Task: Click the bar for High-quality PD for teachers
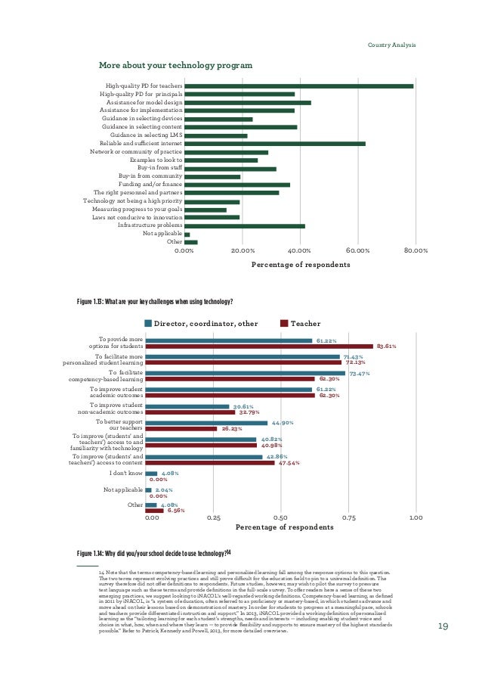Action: pyautogui.click(x=298, y=86)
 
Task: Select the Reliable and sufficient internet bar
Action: pyautogui.click(x=274, y=143)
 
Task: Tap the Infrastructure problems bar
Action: pyautogui.click(x=244, y=226)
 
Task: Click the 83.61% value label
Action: pyautogui.click(x=386, y=346)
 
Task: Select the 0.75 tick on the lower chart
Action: pyautogui.click(x=348, y=518)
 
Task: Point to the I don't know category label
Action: pyautogui.click(x=125, y=474)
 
